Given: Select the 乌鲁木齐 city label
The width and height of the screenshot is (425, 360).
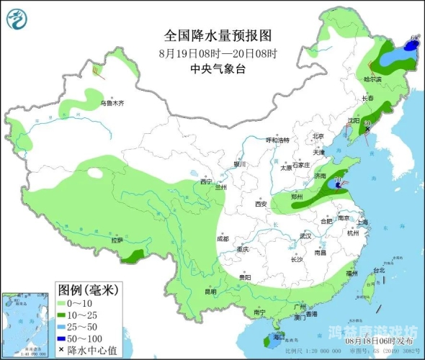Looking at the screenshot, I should pos(112,103).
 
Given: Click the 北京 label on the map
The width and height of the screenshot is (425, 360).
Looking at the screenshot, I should pos(318,136).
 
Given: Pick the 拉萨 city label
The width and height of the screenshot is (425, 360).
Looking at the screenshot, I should pos(117,240).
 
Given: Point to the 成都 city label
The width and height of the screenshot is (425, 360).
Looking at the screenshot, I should pos(222,238).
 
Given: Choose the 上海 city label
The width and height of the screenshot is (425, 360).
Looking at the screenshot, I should pos(362,222).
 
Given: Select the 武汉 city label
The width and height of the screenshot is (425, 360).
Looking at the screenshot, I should pos(305,235).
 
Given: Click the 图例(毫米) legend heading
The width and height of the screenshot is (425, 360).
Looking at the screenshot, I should pos(87,290).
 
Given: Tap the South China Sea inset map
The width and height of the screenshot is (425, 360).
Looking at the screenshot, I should pos(27,324).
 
